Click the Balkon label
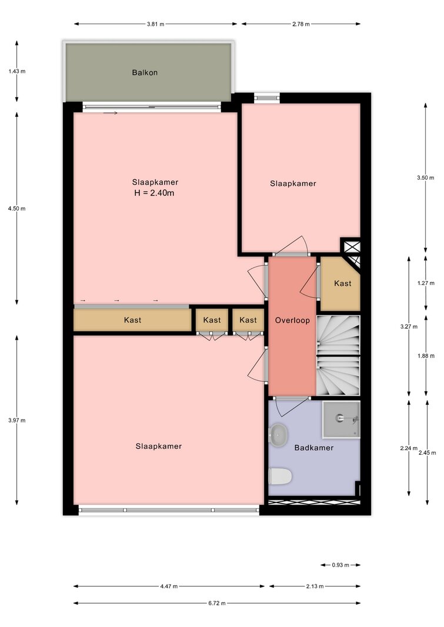(x=145, y=72)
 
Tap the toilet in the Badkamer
(x=280, y=476)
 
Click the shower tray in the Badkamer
(x=341, y=419)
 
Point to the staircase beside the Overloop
(x=338, y=355)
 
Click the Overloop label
(x=292, y=320)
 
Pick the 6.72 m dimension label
(x=217, y=603)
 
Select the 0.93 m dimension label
(x=340, y=565)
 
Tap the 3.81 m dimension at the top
(x=155, y=24)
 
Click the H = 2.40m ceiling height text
(x=155, y=193)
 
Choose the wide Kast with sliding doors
(x=132, y=320)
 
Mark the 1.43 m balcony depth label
(x=17, y=72)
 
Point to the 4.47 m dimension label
(x=169, y=586)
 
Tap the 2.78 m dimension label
(x=301, y=24)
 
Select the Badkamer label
(x=314, y=448)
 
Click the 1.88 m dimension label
(x=426, y=356)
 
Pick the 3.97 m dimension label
(x=17, y=420)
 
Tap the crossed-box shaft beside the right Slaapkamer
(x=351, y=246)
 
